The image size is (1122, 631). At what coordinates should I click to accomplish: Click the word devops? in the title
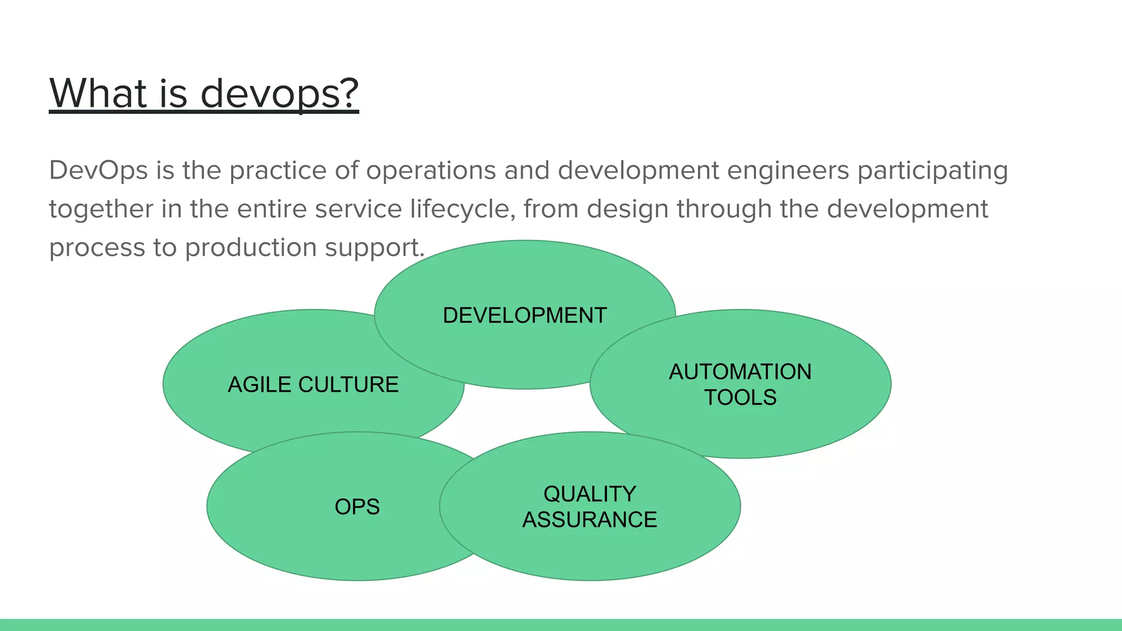coord(279,94)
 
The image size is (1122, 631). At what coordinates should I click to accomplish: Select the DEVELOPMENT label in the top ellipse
coord(524,315)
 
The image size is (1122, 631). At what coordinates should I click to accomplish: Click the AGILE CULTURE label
coord(313,385)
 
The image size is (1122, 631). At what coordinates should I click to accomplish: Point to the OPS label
coord(357,507)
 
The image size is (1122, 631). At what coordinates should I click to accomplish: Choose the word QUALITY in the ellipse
coord(589,494)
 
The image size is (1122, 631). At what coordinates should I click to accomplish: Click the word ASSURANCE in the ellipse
coord(589,519)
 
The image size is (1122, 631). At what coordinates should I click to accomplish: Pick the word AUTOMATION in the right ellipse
coord(740,372)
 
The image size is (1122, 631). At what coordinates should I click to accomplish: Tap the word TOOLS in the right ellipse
coord(740,397)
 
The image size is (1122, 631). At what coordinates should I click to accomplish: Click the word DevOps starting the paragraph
coord(99,170)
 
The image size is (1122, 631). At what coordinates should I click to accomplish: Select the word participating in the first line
coord(932,170)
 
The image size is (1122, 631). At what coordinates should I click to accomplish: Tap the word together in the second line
coord(101,209)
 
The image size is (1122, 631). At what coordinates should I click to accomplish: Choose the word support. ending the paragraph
coord(375,248)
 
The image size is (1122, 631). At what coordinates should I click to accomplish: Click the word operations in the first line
coord(431,170)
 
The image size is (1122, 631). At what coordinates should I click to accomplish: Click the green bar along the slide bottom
coord(561,624)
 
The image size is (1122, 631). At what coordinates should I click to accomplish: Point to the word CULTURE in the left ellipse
coord(348,385)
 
